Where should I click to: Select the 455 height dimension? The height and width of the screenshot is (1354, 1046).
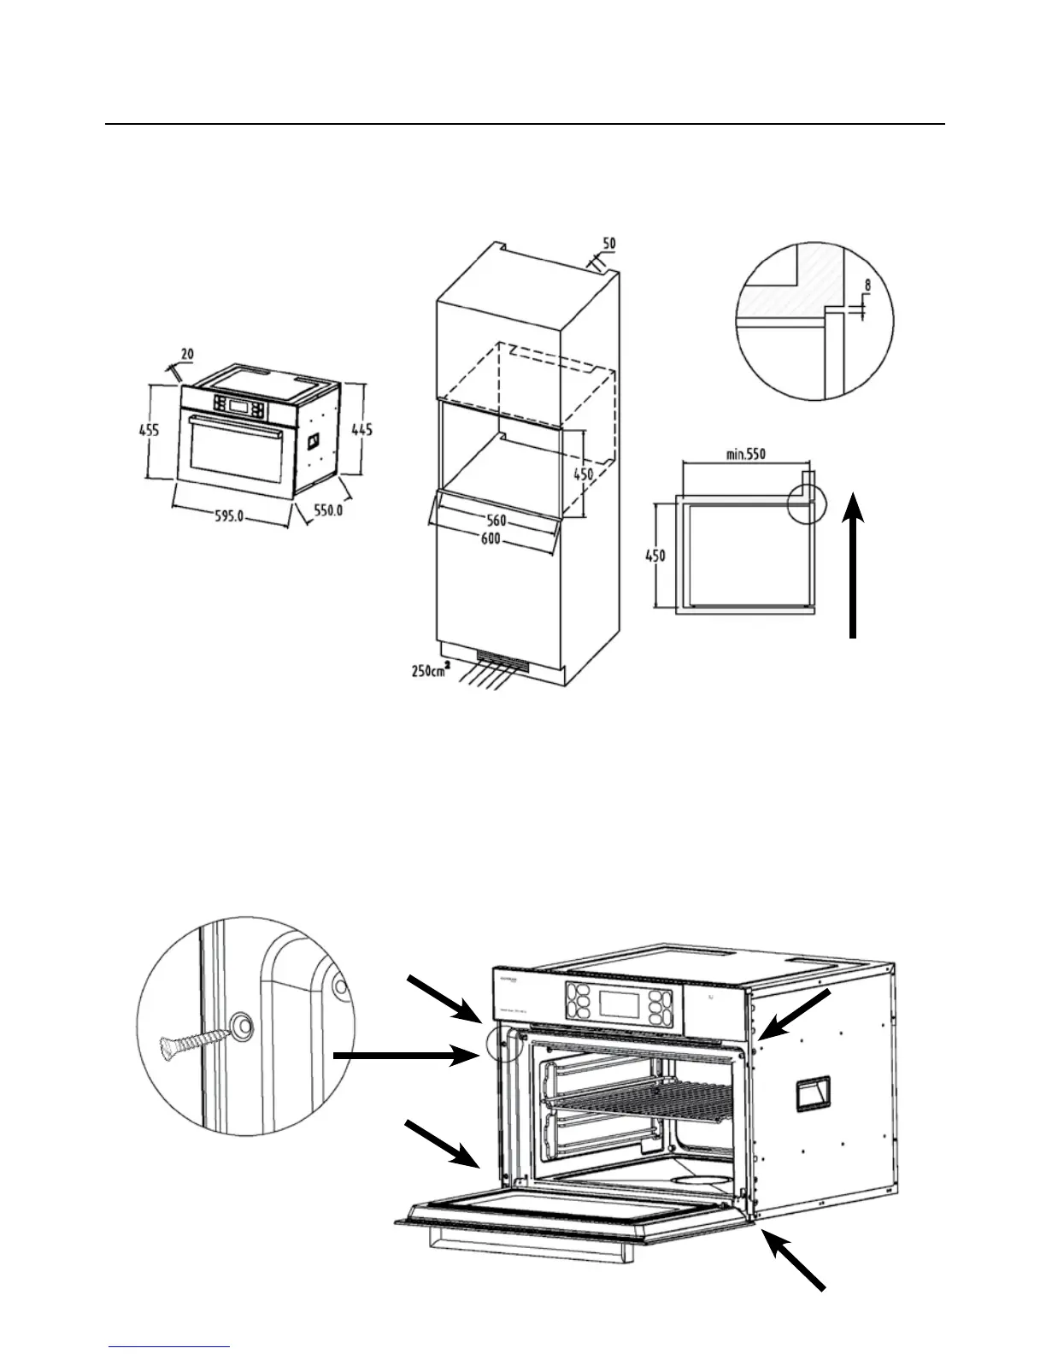pos(149,430)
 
